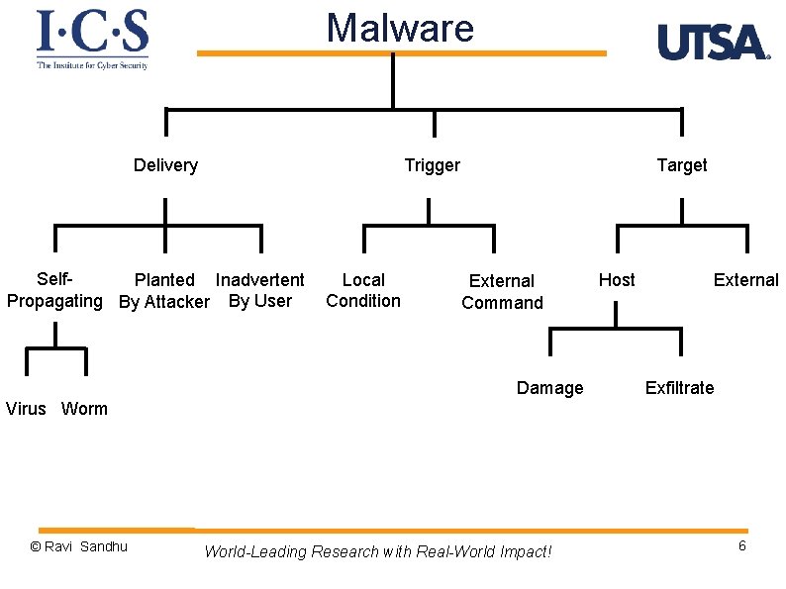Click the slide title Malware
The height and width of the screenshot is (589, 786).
pyautogui.click(x=400, y=28)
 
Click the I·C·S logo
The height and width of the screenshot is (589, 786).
pyautogui.click(x=92, y=39)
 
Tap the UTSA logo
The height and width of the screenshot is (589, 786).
pyautogui.click(x=713, y=43)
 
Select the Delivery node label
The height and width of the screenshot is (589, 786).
pyautogui.click(x=165, y=165)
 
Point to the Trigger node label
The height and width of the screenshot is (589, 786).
pyautogui.click(x=432, y=165)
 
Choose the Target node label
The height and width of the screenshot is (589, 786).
pyautogui.click(x=682, y=165)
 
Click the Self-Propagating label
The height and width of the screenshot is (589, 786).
pyautogui.click(x=54, y=290)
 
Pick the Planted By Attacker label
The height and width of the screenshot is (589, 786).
pyautogui.click(x=164, y=291)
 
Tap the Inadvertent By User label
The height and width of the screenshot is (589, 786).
pyautogui.click(x=259, y=290)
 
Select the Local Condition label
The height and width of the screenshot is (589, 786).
pyautogui.click(x=363, y=290)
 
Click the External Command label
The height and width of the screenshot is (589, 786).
pyautogui.click(x=502, y=292)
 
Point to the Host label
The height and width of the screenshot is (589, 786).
pyautogui.click(x=617, y=280)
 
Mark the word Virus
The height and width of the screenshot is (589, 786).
pyautogui.click(x=26, y=409)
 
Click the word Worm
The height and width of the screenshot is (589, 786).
pyautogui.click(x=84, y=409)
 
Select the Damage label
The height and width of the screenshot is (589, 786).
pyautogui.click(x=549, y=388)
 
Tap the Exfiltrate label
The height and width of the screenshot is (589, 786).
pyautogui.click(x=679, y=388)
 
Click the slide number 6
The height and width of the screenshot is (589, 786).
pyautogui.click(x=741, y=546)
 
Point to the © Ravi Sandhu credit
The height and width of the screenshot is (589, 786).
pyautogui.click(x=79, y=546)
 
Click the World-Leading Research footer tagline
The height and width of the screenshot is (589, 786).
pyautogui.click(x=377, y=551)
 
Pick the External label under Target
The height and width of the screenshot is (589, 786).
pyautogui.click(x=745, y=280)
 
